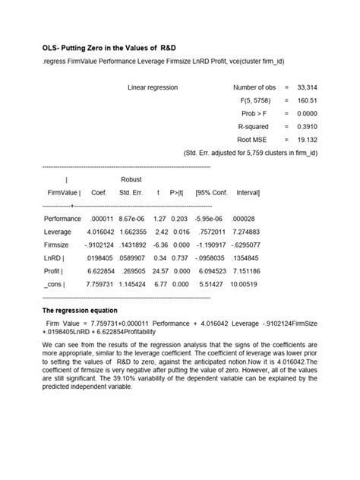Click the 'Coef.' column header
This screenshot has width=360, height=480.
point(99,193)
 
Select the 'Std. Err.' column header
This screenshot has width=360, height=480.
point(131,193)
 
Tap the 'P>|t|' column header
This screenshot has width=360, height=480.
point(180,193)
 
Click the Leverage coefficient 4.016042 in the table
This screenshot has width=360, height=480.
point(100,232)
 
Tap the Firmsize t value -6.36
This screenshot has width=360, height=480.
point(160,245)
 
